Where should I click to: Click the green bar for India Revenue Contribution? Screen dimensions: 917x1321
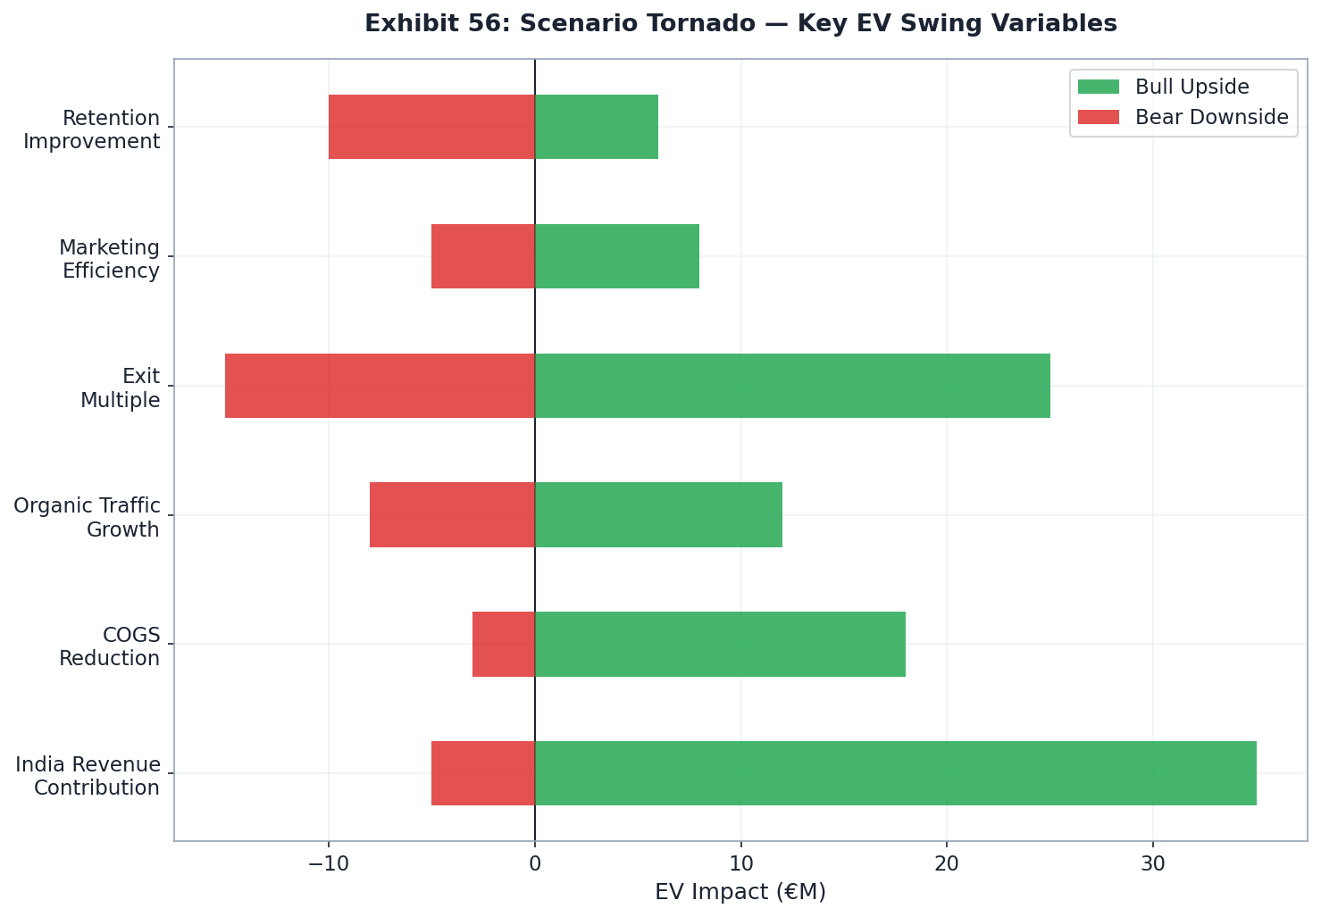[x=895, y=773]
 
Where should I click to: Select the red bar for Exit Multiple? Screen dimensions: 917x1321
[x=380, y=386]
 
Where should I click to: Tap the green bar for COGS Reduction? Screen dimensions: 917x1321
[x=720, y=644]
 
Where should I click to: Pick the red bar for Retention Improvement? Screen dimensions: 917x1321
[x=431, y=127]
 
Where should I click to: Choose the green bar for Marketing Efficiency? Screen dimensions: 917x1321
[x=616, y=256]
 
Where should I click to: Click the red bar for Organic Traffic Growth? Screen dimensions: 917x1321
[x=452, y=514]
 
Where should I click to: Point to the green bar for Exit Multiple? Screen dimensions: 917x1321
[x=792, y=386]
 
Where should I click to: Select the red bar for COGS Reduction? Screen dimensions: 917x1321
[x=504, y=644]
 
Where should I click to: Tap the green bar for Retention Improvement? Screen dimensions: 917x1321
[x=596, y=127]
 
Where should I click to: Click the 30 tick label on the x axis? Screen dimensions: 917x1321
[x=1152, y=864]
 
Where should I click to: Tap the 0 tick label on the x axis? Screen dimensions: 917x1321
[x=535, y=864]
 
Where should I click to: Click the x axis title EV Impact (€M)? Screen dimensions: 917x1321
[x=740, y=892]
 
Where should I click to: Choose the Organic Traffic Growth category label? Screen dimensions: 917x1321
[x=88, y=518]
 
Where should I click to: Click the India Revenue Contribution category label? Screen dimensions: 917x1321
[x=88, y=776]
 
